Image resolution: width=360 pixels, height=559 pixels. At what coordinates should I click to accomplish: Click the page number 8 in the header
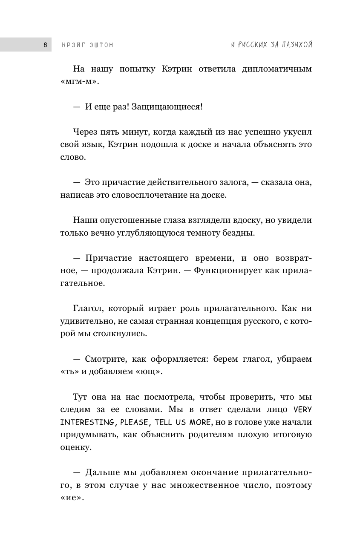coord(45,45)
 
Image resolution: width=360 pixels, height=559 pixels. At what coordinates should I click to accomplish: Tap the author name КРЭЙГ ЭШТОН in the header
coord(87,45)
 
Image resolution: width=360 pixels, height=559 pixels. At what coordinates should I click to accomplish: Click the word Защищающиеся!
coord(167,107)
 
